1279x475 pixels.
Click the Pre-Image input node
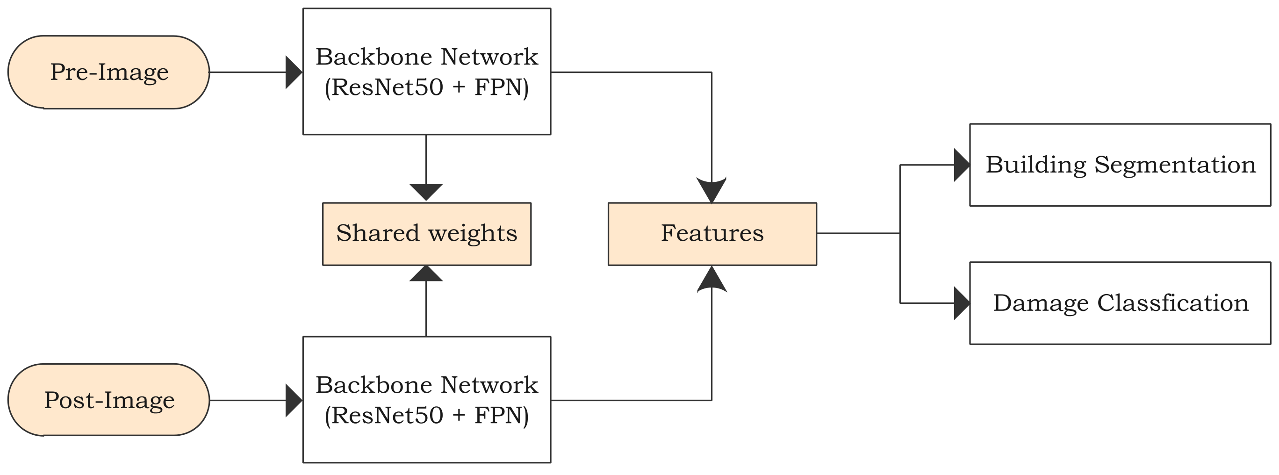[x=108, y=72]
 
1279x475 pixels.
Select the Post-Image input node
[x=108, y=400]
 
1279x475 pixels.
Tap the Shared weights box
[x=426, y=234]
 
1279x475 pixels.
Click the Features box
[x=712, y=234]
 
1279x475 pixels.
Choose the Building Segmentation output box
[x=1120, y=165]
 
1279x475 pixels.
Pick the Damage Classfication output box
[x=1120, y=303]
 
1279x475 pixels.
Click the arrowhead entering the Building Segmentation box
[x=962, y=165]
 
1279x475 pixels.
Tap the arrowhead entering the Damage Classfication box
[x=962, y=303]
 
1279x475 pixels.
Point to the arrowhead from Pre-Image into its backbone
[x=294, y=72]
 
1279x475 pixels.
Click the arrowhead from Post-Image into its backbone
[x=294, y=400]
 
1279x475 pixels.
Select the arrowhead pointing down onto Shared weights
[x=426, y=192]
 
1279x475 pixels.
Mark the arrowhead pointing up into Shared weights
[x=426, y=274]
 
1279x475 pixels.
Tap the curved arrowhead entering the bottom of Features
[x=711, y=279]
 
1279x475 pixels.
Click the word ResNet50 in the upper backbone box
[x=387, y=87]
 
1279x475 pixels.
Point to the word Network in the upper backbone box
[x=489, y=57]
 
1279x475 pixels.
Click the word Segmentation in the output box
[x=1175, y=165]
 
